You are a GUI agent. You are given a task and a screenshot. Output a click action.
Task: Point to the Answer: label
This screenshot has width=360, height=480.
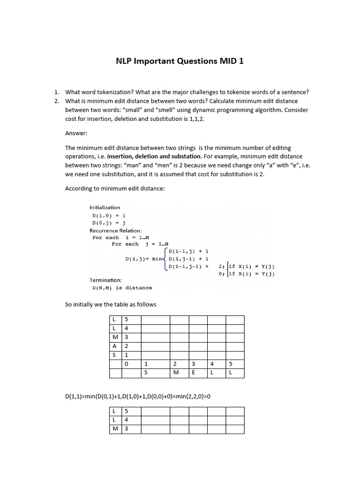coord(76,133)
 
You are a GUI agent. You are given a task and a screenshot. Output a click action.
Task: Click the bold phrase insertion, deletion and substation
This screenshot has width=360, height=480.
coord(159,156)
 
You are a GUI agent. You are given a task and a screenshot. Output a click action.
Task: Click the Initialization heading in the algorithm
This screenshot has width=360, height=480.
coord(105,207)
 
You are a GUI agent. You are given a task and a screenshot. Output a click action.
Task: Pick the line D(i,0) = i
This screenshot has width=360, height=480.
coord(109,215)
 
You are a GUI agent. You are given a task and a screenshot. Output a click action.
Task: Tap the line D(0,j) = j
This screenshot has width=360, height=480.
coord(109,223)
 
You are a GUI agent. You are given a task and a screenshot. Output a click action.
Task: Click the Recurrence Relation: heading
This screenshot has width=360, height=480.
coord(115,231)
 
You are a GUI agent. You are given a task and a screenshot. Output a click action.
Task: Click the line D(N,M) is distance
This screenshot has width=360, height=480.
coord(122,288)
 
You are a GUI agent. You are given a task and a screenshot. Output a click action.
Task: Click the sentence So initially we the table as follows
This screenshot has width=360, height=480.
coord(111,305)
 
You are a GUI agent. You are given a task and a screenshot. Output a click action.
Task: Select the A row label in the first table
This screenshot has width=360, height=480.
coord(115,346)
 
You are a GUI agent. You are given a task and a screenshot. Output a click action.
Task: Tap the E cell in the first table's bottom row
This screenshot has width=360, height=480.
coord(193,373)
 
